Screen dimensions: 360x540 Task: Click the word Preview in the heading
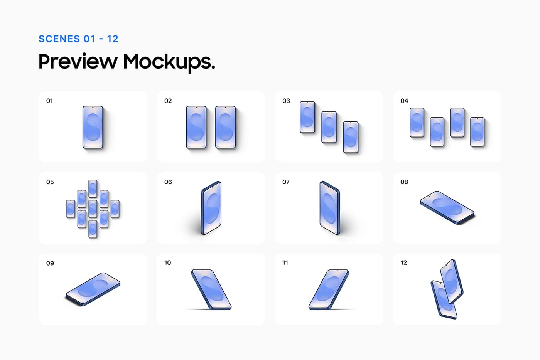78,61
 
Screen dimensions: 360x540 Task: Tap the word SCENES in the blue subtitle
59,39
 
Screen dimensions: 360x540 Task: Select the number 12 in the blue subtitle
113,39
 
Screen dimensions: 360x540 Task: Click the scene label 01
49,101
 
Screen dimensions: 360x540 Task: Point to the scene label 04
404,101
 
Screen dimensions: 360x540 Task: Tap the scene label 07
286,182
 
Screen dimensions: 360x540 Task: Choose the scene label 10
167,263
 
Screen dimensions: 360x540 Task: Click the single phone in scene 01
93,127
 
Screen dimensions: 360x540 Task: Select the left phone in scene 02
196,127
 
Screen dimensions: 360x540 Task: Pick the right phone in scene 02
225,127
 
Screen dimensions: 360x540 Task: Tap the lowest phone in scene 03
351,137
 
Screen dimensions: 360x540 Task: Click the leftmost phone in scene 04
417,122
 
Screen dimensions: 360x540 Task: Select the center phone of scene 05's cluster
93,209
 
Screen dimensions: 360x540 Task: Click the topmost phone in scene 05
93,188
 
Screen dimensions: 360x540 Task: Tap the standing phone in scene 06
211,207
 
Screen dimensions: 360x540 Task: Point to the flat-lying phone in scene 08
447,207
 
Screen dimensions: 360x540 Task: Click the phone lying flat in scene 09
93,289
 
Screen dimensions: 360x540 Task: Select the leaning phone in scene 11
329,289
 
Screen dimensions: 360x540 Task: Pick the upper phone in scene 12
452,281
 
